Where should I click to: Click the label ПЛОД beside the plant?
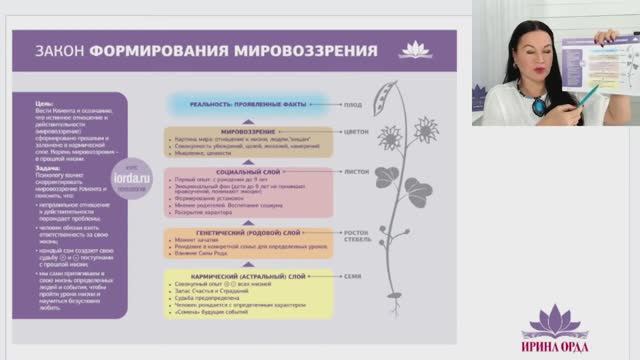click(x=351, y=101)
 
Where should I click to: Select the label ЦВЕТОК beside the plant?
click(x=354, y=130)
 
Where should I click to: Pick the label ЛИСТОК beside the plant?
click(x=354, y=172)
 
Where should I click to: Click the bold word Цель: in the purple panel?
click(x=44, y=103)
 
